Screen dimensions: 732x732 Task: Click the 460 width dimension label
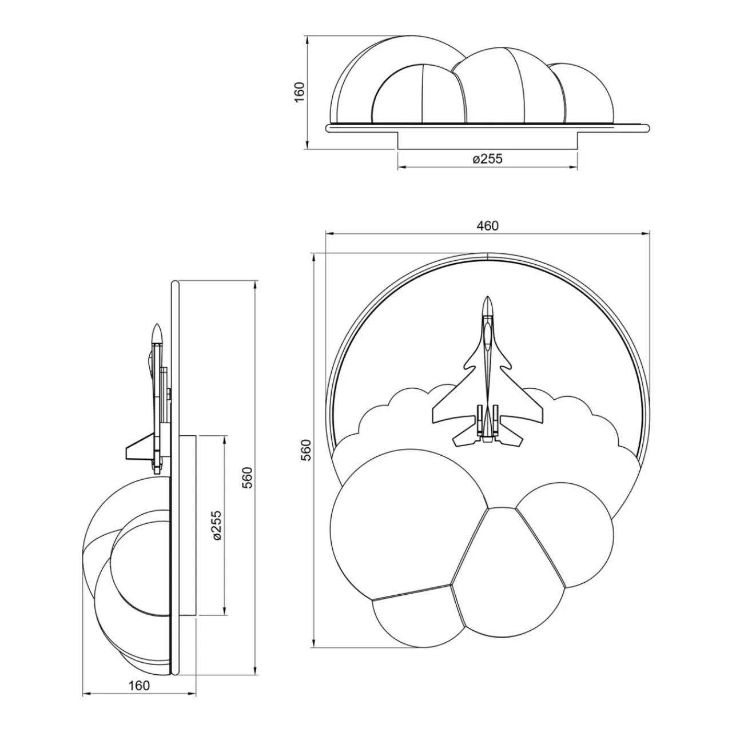coord(487,226)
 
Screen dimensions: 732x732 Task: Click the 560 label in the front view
coord(306,450)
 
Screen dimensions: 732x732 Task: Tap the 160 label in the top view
coord(299,92)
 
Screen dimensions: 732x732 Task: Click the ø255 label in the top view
coord(487,159)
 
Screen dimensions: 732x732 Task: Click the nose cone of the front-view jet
coord(487,305)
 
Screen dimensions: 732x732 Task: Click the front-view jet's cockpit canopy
coord(487,333)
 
